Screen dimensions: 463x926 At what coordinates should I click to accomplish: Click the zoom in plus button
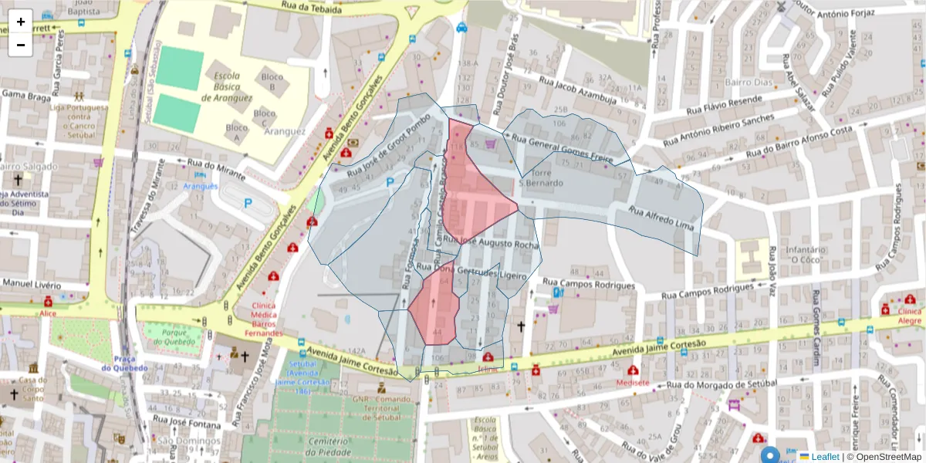tap(21, 22)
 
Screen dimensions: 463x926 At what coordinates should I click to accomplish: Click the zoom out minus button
tap(21, 45)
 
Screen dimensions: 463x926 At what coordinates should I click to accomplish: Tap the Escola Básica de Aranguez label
tap(227, 87)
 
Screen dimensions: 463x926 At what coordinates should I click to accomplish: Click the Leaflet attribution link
tap(824, 457)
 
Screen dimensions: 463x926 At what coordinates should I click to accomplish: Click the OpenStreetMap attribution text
tap(884, 457)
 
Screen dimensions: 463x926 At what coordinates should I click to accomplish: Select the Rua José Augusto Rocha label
tap(491, 243)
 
